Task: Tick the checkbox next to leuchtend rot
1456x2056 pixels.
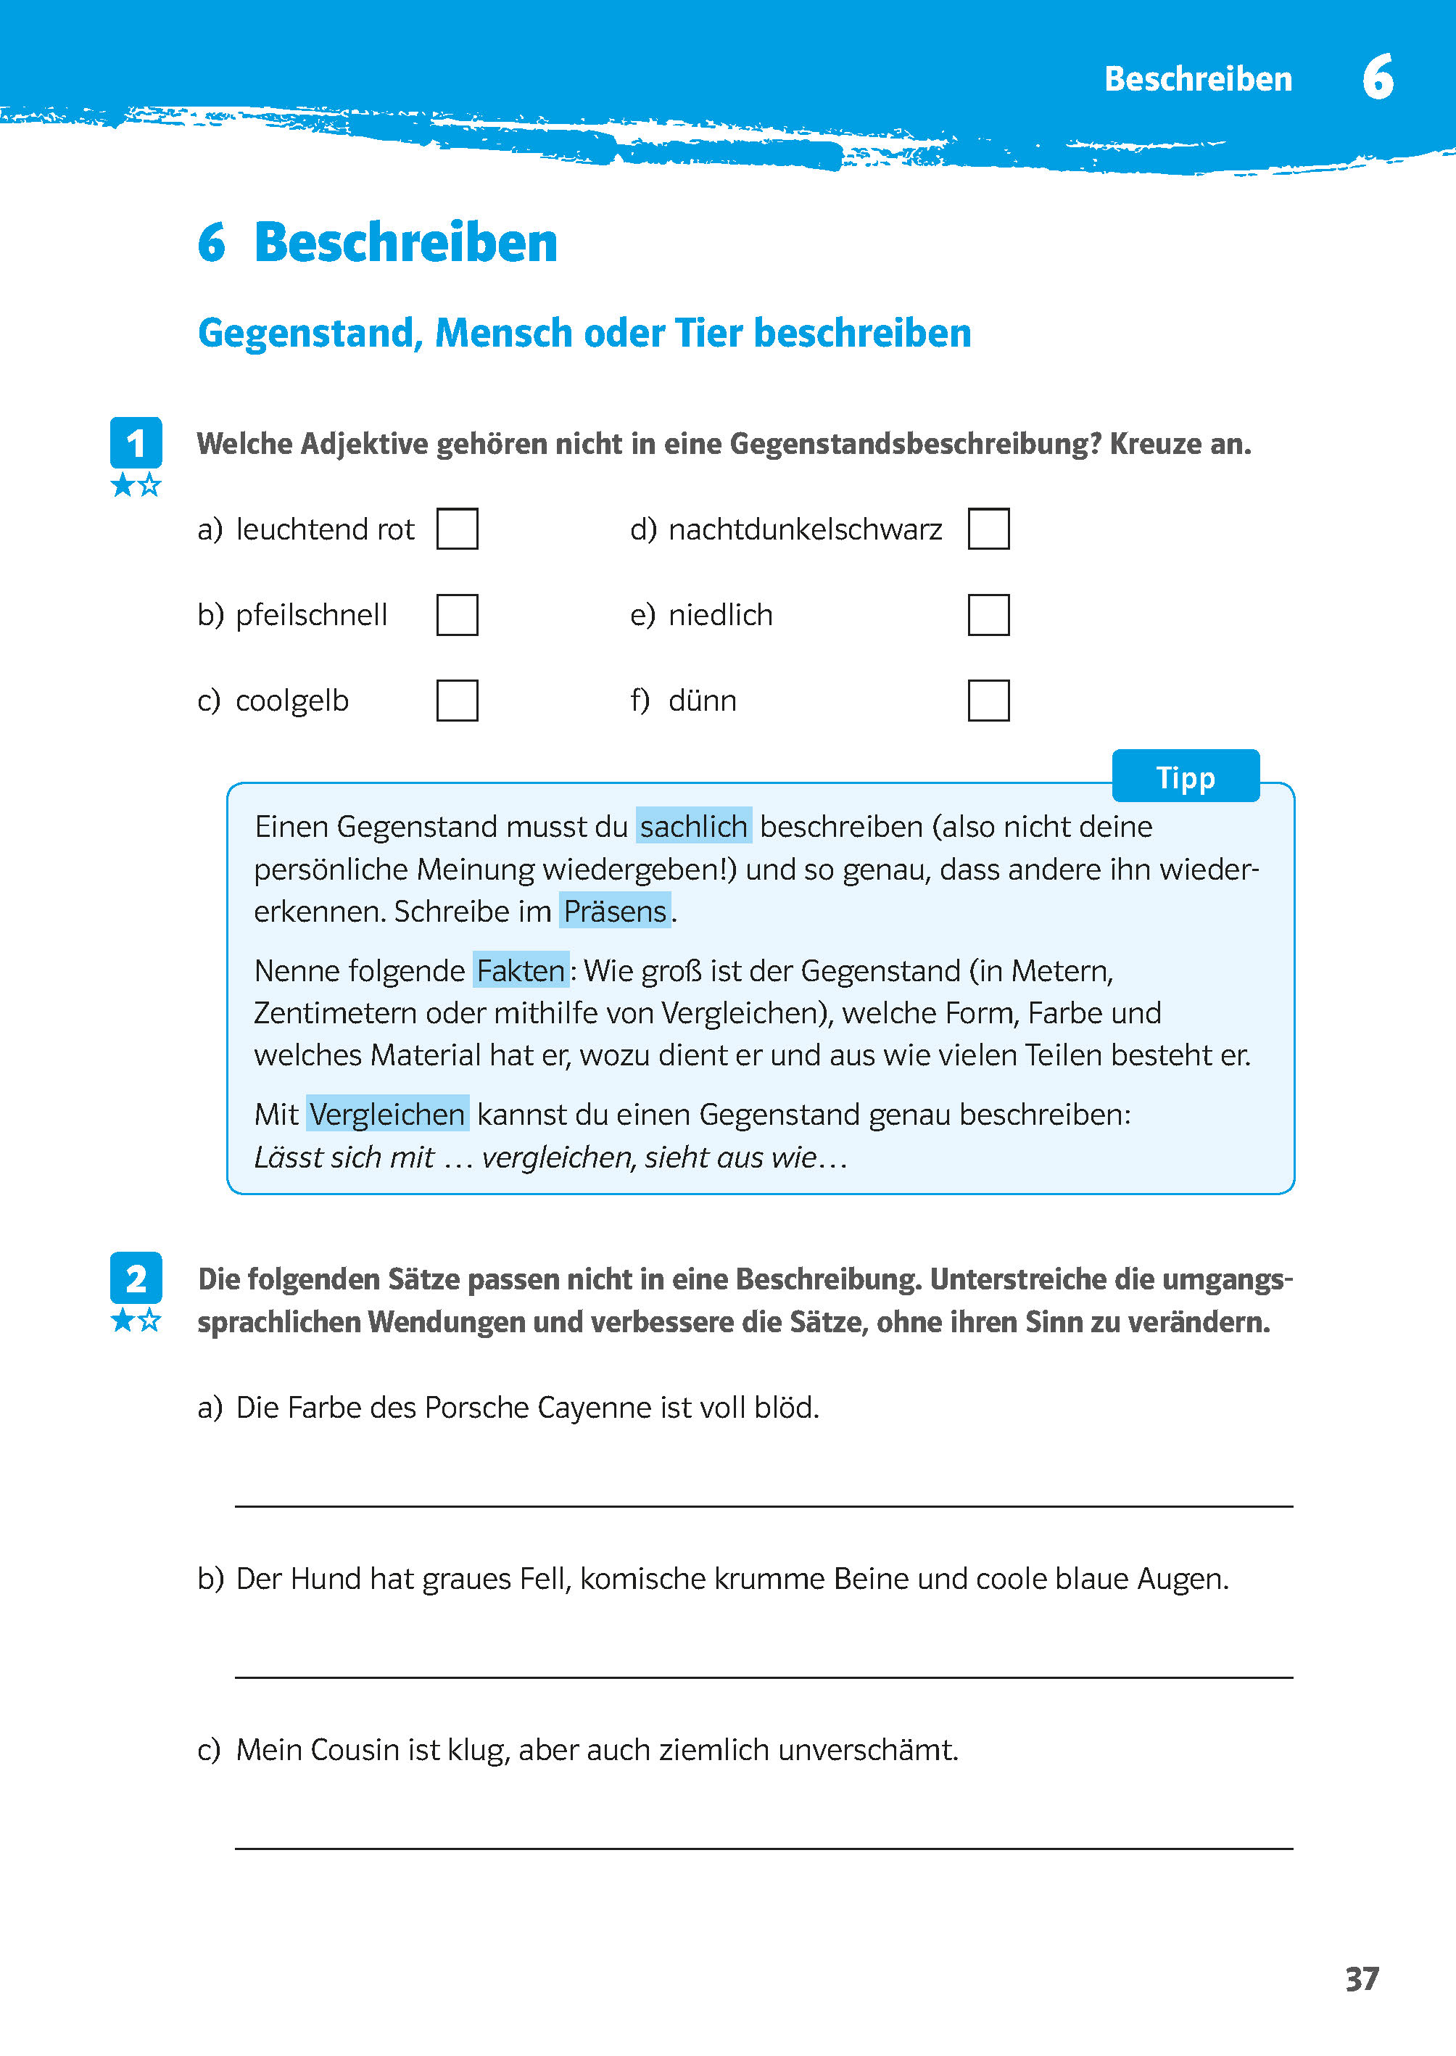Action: click(458, 528)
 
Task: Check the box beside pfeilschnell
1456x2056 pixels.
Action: click(458, 614)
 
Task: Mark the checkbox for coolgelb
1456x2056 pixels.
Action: click(458, 701)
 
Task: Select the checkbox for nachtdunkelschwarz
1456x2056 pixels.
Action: click(988, 528)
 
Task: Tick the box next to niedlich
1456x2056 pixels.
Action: click(988, 614)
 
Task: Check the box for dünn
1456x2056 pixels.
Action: click(988, 701)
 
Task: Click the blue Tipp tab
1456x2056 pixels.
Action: click(1186, 777)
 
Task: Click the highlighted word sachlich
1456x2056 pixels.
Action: click(693, 826)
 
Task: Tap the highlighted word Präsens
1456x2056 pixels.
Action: click(615, 911)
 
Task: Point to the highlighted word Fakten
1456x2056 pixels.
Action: click(520, 970)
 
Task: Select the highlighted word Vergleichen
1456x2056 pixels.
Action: click(387, 1114)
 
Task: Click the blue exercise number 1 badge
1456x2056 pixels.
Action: click(136, 443)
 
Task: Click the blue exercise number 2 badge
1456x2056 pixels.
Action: click(136, 1278)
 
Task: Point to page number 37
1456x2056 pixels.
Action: click(1362, 1979)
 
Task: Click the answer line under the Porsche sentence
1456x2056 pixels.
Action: click(763, 1505)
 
